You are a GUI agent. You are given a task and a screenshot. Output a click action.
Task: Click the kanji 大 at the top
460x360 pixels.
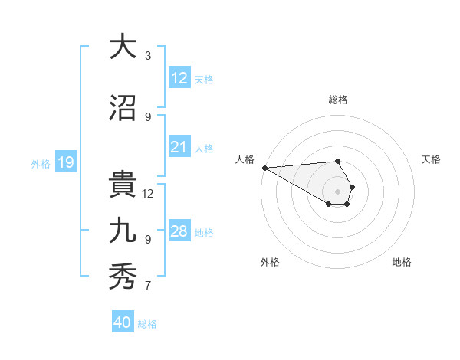click(x=122, y=47)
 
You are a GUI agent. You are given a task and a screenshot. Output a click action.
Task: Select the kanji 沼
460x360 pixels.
click(x=122, y=109)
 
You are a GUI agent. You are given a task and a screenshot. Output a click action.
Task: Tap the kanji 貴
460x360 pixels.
click(x=122, y=185)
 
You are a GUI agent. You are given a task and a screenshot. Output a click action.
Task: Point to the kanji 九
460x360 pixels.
click(x=122, y=231)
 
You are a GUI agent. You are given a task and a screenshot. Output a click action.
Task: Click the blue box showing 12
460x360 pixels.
click(x=179, y=78)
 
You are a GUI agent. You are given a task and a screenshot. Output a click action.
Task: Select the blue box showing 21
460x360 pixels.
click(x=179, y=147)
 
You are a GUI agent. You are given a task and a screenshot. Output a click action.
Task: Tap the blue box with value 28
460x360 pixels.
click(x=179, y=231)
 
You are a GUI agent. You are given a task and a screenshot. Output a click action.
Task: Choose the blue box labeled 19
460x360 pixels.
click(x=65, y=162)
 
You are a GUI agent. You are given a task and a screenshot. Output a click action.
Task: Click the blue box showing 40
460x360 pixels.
click(x=123, y=322)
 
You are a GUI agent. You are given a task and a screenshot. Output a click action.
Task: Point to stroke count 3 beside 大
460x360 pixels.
click(x=148, y=56)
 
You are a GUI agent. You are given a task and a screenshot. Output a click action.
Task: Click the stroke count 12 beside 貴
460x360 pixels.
click(x=148, y=193)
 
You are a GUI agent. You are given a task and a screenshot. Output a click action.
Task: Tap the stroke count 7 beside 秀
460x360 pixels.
click(x=148, y=286)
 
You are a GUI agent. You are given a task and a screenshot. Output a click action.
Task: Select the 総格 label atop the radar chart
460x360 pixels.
click(x=338, y=100)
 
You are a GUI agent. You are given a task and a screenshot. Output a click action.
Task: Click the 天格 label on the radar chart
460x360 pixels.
click(x=431, y=159)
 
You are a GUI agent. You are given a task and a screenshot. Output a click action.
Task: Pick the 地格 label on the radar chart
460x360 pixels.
click(x=402, y=262)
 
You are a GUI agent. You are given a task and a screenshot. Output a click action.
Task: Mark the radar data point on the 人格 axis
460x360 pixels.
click(x=264, y=167)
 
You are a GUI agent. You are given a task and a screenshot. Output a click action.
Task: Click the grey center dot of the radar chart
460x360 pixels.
click(x=337, y=191)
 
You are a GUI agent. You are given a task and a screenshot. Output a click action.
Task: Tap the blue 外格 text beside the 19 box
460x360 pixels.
click(x=41, y=163)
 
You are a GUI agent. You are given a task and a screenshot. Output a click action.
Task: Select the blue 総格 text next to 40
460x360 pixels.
click(x=147, y=323)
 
